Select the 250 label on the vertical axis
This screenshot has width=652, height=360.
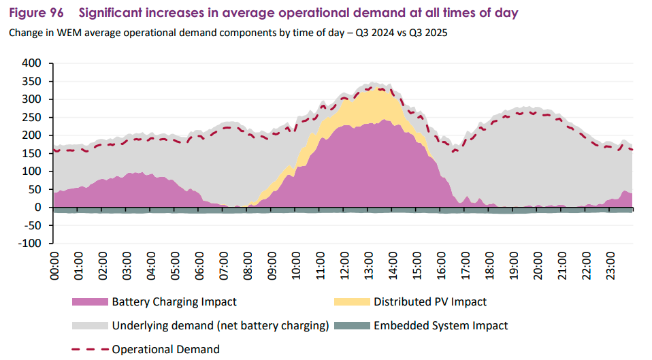pos(33,117)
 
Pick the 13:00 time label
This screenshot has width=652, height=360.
pos(369,269)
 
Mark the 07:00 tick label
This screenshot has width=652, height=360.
pos(224,269)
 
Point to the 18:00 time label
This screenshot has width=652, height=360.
pos(489,269)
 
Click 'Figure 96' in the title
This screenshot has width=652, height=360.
pos(37,13)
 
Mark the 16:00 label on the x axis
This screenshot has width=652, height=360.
pos(441,269)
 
